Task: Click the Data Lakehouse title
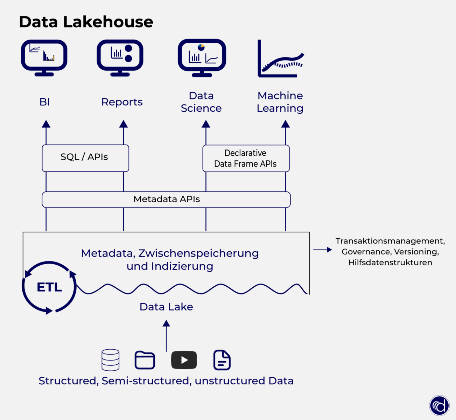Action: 86,22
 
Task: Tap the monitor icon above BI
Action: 44,57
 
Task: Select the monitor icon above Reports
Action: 120,57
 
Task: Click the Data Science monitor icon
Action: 202,57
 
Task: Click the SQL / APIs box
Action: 85,158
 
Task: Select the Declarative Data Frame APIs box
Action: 246,158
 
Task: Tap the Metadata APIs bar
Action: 166,199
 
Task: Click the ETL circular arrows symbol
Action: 49,287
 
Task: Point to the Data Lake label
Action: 166,307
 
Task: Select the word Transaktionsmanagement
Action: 390,241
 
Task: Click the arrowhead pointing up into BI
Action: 46,124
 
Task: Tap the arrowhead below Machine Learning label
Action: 286,124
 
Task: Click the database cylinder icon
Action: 110,360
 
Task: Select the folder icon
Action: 145,360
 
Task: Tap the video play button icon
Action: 184,360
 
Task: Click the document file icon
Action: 222,360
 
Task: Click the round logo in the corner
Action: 439,406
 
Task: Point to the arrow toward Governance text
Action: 322,250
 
